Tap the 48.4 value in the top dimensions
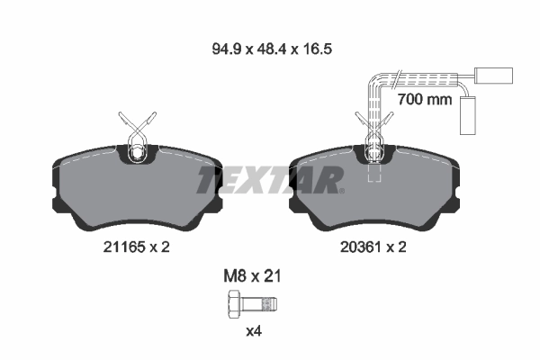[273, 49]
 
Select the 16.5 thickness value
[317, 49]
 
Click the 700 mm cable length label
[424, 100]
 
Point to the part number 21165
[123, 247]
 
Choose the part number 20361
[360, 247]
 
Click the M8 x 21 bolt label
[252, 276]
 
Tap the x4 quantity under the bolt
[254, 331]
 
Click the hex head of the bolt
[235, 304]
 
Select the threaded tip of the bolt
[270, 304]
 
